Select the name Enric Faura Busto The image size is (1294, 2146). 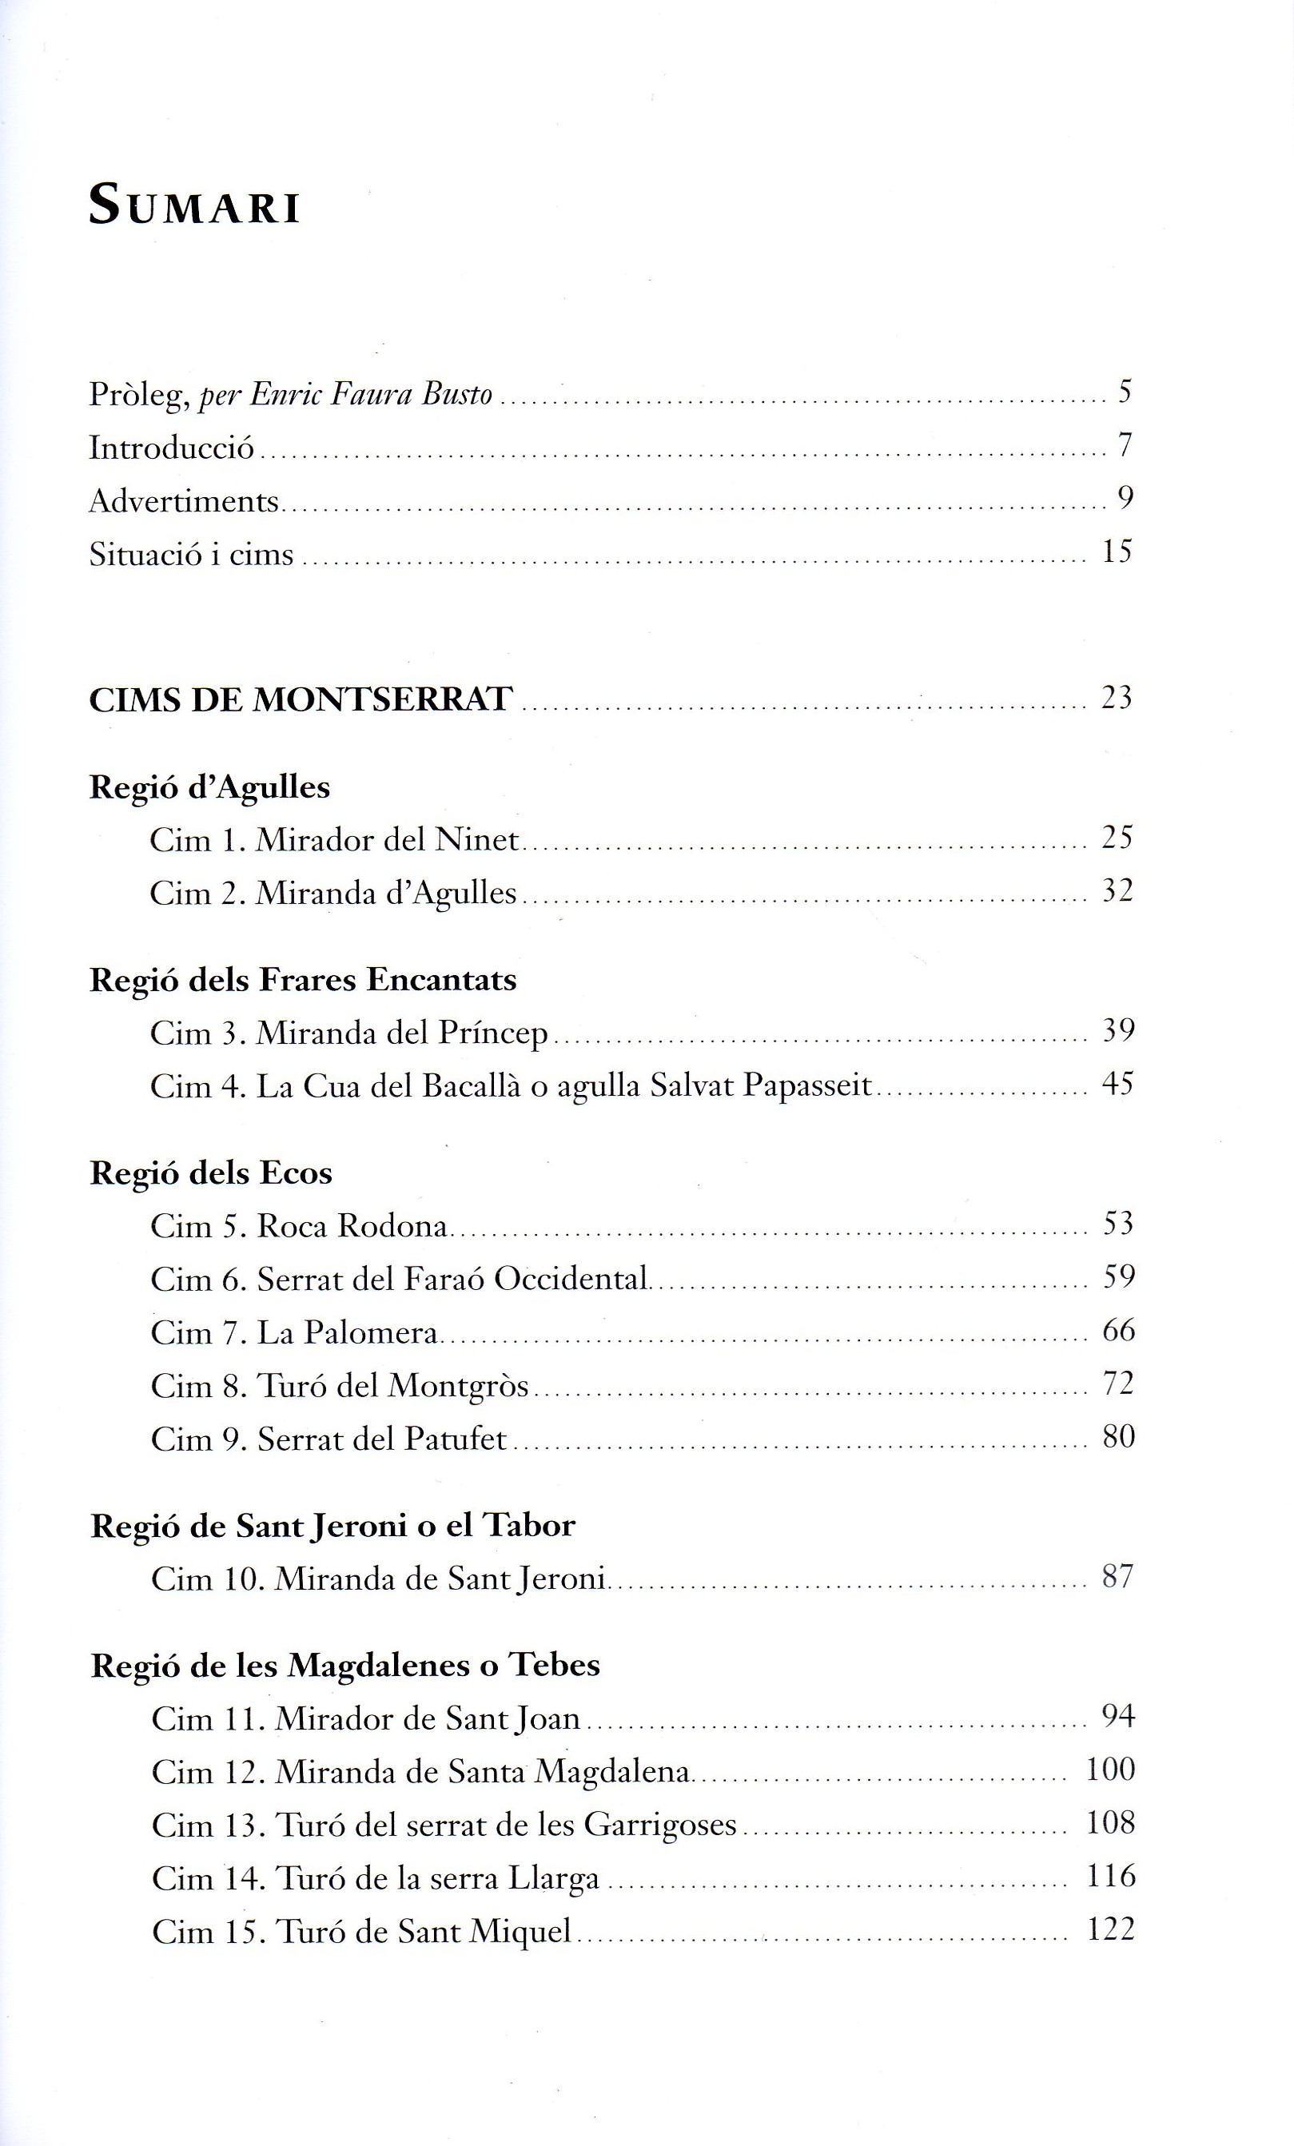tap(371, 395)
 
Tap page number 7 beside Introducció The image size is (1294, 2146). tap(1125, 445)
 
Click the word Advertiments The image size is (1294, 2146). tap(184, 501)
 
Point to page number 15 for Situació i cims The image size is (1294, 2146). tap(1117, 551)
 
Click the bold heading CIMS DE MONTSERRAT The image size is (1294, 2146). tap(301, 699)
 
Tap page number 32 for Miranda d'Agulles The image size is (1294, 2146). tap(1117, 891)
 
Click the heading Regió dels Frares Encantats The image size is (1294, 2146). tap(303, 980)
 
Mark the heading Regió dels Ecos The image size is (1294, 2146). tap(211, 1173)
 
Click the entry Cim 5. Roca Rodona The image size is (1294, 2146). tap(299, 1226)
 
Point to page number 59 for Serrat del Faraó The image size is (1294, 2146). tap(1118, 1278)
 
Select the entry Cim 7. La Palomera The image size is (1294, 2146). tap(294, 1332)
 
